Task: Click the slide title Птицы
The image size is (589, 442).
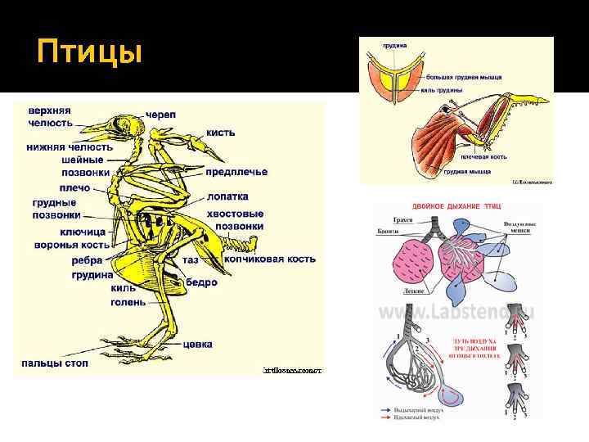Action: (89, 54)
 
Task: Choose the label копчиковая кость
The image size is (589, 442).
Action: (269, 259)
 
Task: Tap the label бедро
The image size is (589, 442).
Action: (202, 282)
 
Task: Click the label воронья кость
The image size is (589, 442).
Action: (72, 245)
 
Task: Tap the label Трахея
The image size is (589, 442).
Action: (402, 220)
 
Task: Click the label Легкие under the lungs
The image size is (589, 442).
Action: (413, 290)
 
